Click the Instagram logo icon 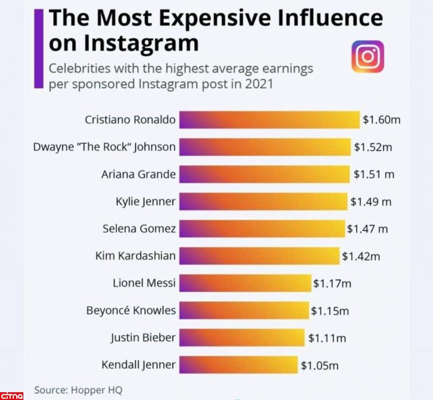(x=368, y=56)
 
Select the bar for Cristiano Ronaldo (x=269, y=120)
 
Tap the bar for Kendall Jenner (x=239, y=365)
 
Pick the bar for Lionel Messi (x=245, y=283)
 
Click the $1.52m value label (x=373, y=147)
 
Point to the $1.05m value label (x=319, y=366)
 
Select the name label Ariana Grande (x=138, y=174)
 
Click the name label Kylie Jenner (x=146, y=202)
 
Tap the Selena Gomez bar (x=262, y=228)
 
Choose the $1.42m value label (x=361, y=256)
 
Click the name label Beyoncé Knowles (x=131, y=311)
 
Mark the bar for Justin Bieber (x=242, y=338)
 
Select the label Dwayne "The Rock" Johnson (x=104, y=147)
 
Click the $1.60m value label (x=382, y=120)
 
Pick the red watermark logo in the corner (x=12, y=395)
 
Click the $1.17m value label (x=332, y=283)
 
